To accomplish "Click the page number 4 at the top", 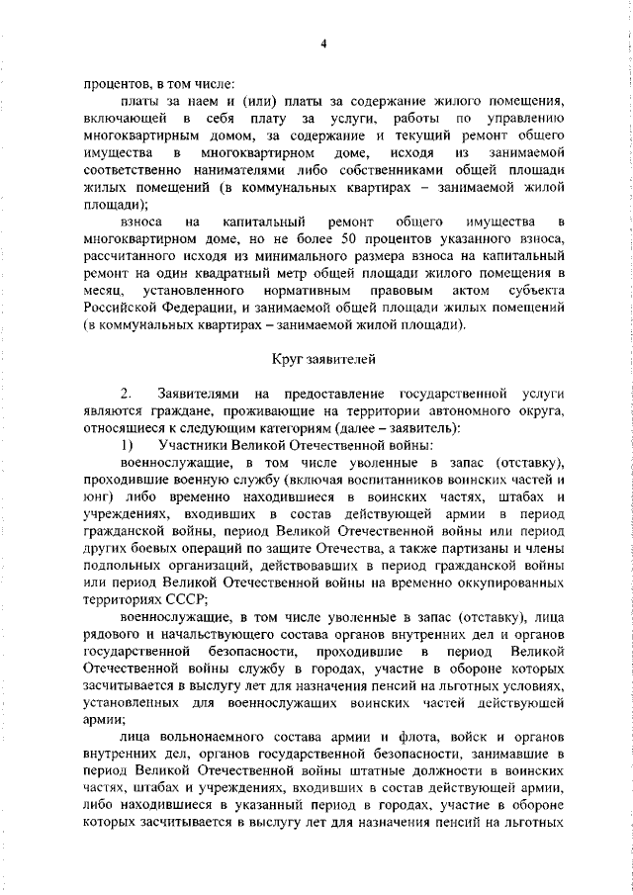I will pyautogui.click(x=322, y=44).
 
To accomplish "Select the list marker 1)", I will pyautogui.click(x=126, y=445).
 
